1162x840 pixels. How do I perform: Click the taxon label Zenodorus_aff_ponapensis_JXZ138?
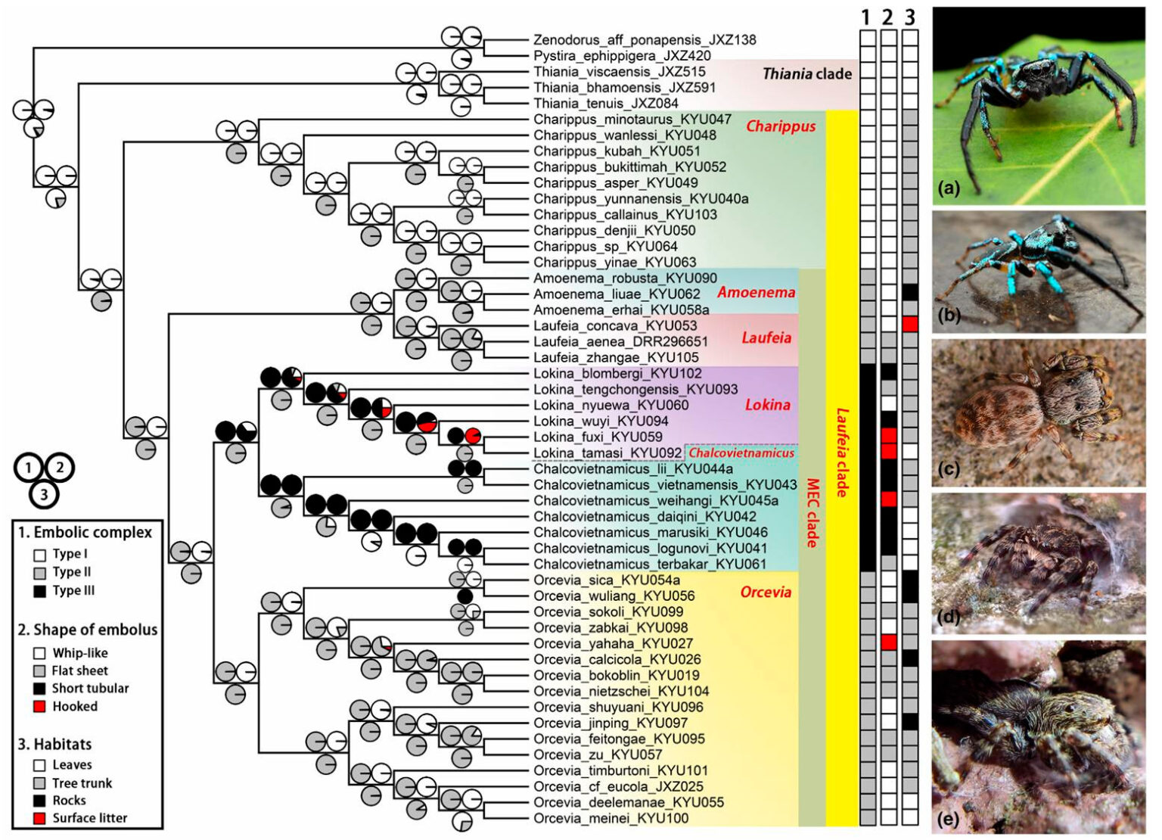pos(644,40)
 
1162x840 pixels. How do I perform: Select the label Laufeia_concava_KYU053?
pos(615,326)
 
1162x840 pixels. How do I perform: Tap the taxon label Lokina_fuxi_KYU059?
pos(598,437)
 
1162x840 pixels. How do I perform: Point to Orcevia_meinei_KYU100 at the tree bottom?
pos(611,819)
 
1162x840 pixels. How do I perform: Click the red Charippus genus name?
pos(781,126)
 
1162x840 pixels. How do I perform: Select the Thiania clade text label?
pos(806,73)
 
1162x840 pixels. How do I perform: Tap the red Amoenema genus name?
pos(756,293)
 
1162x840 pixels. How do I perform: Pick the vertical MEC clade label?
pos(812,512)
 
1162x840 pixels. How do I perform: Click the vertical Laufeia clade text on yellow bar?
pos(841,453)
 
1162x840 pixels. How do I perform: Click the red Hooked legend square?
pos(40,707)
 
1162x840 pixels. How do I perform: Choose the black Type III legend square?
pos(40,591)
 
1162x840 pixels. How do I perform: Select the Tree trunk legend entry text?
pos(82,783)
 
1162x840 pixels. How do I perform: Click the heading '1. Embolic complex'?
pos(85,533)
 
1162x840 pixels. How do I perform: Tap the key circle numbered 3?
pos(44,495)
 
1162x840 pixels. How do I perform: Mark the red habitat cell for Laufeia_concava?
pos(910,324)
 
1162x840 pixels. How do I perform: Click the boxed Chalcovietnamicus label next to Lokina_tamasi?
pos(741,453)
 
